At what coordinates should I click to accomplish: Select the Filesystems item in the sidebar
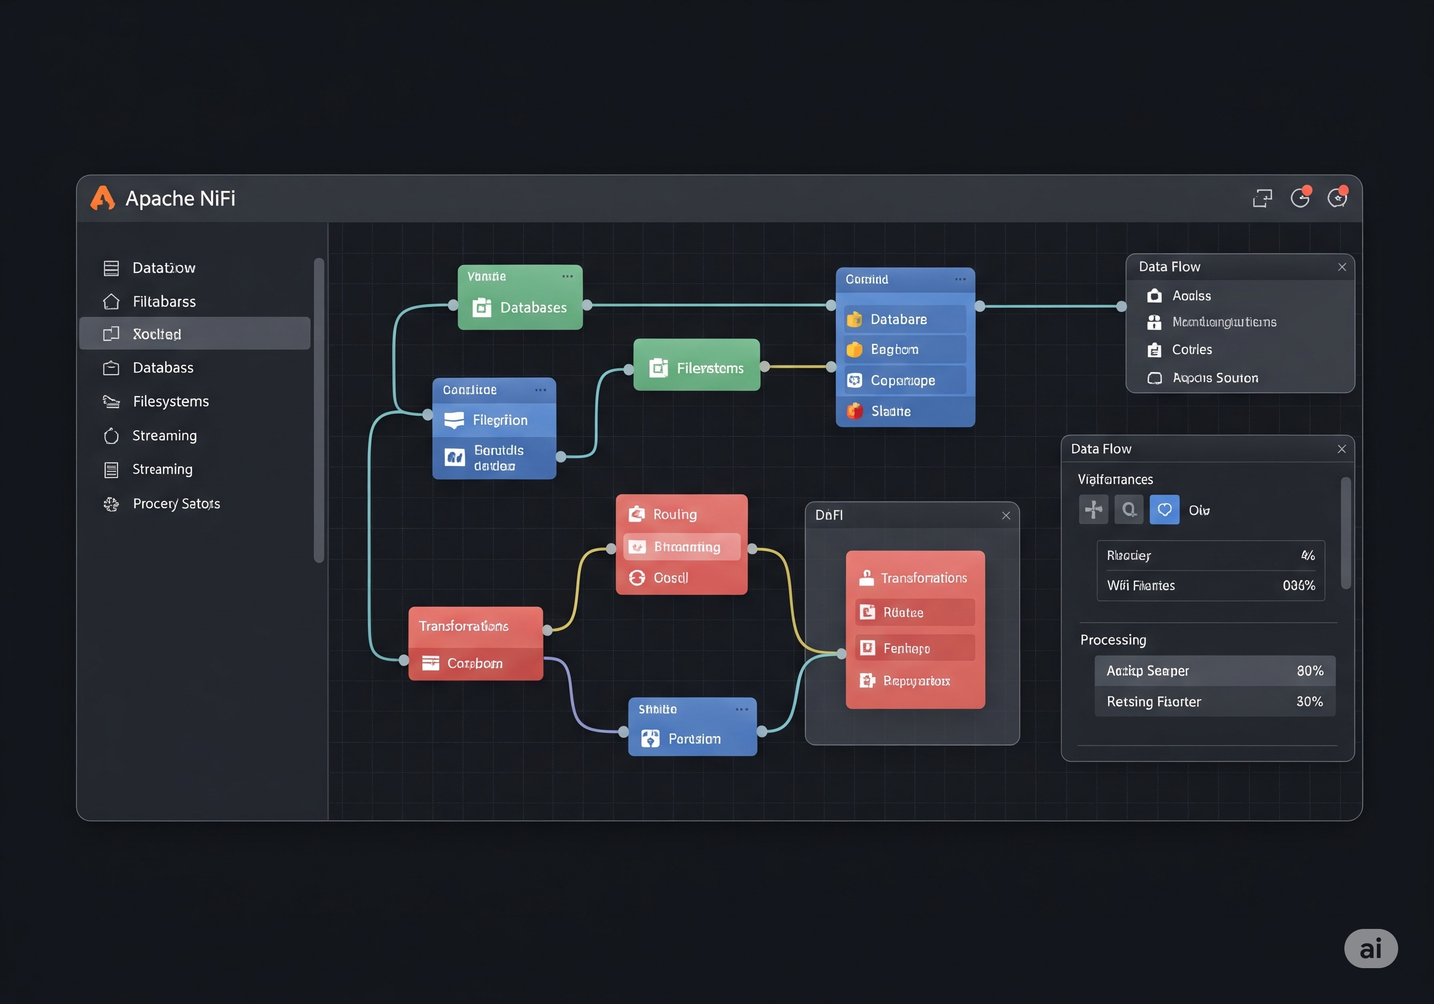point(170,401)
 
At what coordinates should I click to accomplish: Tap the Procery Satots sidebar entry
point(175,504)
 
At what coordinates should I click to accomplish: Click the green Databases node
point(520,307)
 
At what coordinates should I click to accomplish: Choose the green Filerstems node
point(696,368)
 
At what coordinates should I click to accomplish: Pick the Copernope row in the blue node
point(904,380)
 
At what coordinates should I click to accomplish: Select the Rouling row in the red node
point(674,514)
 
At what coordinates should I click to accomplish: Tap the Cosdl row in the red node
point(671,578)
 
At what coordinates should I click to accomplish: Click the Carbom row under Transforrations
point(474,663)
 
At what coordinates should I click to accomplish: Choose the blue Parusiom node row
point(693,738)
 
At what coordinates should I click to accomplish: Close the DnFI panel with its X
point(1005,515)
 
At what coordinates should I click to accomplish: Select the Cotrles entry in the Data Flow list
point(1191,349)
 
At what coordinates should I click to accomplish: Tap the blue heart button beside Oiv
point(1164,510)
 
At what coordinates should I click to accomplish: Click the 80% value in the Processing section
point(1310,671)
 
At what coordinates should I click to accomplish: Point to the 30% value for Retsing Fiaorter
point(1309,701)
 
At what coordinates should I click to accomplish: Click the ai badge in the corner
point(1370,949)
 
